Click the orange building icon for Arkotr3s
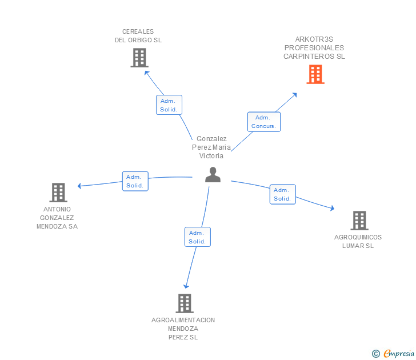pyautogui.click(x=315, y=74)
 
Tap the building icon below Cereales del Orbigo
pyautogui.click(x=139, y=58)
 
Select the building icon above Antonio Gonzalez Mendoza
pyautogui.click(x=58, y=193)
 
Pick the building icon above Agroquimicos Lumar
pyautogui.click(x=359, y=221)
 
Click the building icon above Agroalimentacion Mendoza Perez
pyautogui.click(x=184, y=303)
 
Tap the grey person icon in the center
pyautogui.click(x=213, y=175)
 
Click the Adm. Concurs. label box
pyautogui.click(x=263, y=122)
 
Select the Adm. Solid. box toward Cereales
pyautogui.click(x=169, y=105)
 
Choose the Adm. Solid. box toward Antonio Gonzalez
pyautogui.click(x=135, y=181)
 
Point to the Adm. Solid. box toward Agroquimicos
pyautogui.click(x=282, y=194)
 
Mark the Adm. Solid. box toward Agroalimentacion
pyautogui.click(x=197, y=237)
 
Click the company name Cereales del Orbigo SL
pyautogui.click(x=138, y=36)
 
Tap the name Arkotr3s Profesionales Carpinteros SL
pyautogui.click(x=314, y=48)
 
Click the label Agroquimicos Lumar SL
pyautogui.click(x=358, y=241)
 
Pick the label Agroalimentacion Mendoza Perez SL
pyautogui.click(x=183, y=329)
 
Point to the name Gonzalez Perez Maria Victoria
pyautogui.click(x=211, y=147)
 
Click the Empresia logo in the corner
pyautogui.click(x=398, y=354)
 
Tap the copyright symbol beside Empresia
pyautogui.click(x=375, y=354)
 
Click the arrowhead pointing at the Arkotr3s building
pyautogui.click(x=295, y=94)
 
